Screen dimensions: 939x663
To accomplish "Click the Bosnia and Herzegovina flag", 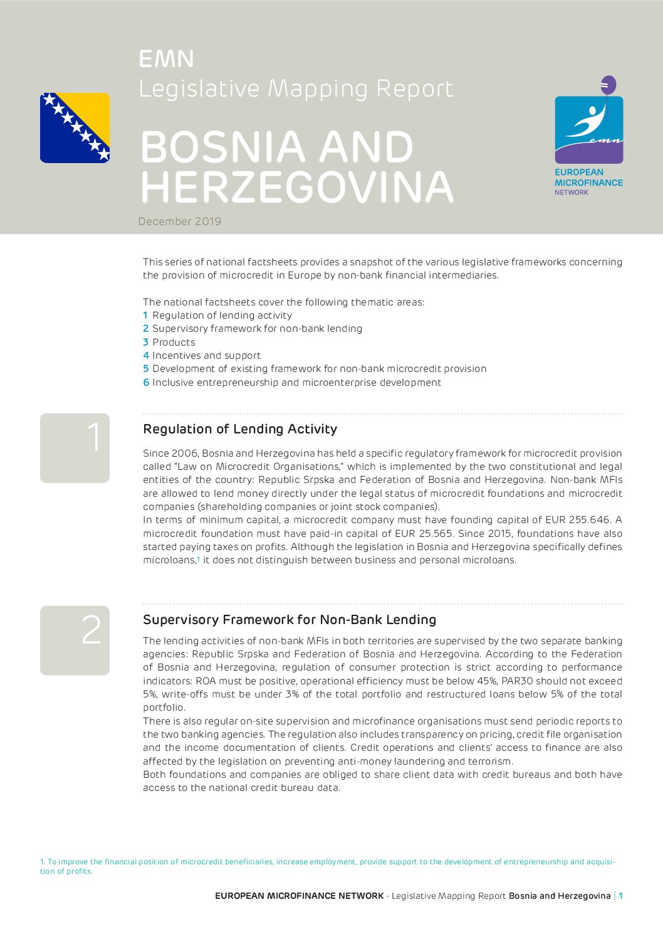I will [75, 128].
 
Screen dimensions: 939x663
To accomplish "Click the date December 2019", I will [180, 221].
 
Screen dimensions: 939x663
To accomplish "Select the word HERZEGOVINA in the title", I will [296, 187].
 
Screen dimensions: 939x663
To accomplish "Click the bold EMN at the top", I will [166, 59].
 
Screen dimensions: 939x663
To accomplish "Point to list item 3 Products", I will [169, 342].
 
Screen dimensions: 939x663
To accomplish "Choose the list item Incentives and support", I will [206, 355].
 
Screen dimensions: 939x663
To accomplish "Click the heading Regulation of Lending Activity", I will [240, 429].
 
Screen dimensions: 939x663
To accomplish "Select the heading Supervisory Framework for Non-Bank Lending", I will [290, 620].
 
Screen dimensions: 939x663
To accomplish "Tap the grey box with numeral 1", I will [75, 448].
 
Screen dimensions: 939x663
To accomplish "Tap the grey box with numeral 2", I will [75, 640].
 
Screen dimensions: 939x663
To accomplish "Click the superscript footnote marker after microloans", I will [198, 558].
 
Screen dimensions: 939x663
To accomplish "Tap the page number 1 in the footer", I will [620, 896].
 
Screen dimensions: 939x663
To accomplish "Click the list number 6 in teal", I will [145, 382].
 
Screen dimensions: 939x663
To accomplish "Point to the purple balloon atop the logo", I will [608, 85].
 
